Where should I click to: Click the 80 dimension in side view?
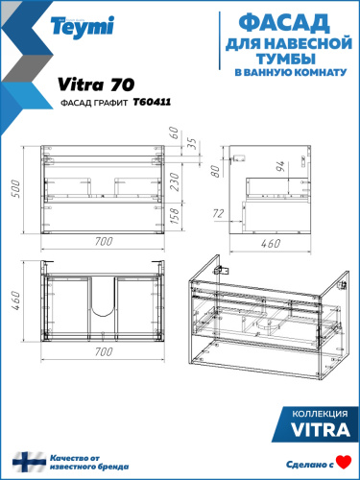coord(219,170)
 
